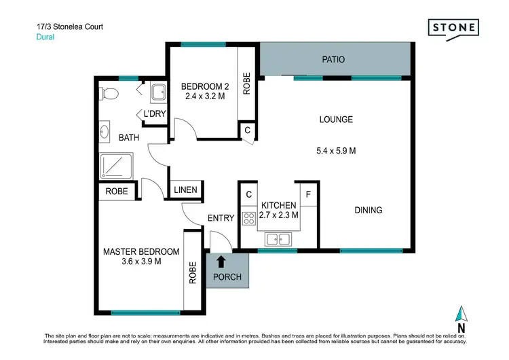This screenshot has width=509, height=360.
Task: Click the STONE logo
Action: click(x=453, y=28)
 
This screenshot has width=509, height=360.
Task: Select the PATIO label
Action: click(x=333, y=60)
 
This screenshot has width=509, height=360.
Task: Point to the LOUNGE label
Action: click(x=336, y=120)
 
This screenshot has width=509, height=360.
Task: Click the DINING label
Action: click(x=368, y=210)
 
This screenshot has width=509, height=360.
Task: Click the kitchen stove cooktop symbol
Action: click(x=248, y=218)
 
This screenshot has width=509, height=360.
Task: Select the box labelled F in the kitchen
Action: click(x=309, y=194)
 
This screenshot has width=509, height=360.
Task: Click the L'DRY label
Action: click(x=153, y=114)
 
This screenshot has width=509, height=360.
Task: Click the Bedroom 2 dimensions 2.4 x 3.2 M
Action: click(x=204, y=96)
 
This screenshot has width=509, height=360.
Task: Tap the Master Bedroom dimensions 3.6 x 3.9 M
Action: click(x=142, y=262)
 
